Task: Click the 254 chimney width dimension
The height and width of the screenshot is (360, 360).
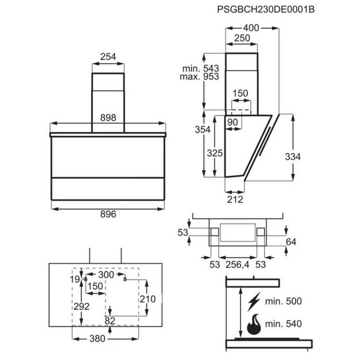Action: tap(109, 58)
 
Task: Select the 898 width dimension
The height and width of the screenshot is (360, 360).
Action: tap(109, 117)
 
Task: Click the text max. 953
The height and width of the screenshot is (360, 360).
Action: tap(200, 77)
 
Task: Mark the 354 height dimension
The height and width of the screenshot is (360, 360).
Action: tap(203, 130)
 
